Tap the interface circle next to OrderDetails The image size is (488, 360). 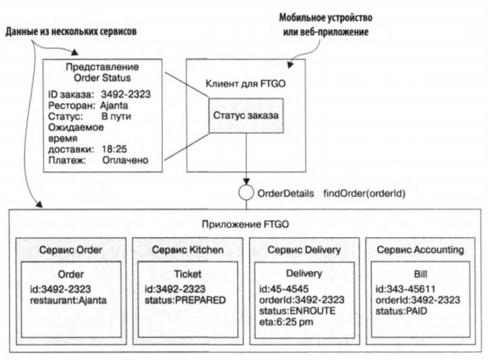pyautogui.click(x=245, y=191)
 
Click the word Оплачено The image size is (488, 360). pyautogui.click(x=125, y=160)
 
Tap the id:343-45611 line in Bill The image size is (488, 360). pyautogui.click(x=397, y=289)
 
